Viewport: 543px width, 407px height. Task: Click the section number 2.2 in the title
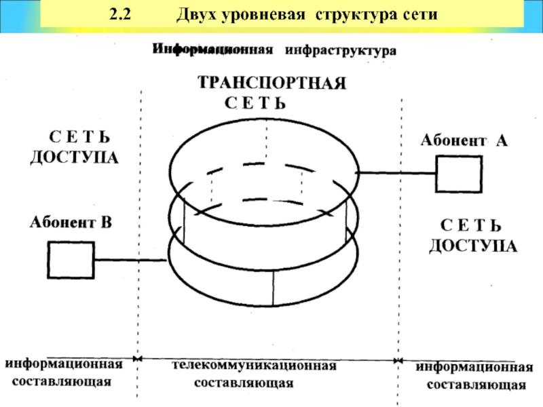point(120,14)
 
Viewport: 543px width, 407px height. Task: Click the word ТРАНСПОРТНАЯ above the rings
point(272,83)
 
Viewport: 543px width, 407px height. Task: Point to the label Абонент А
point(464,140)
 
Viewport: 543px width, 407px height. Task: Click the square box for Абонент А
point(459,174)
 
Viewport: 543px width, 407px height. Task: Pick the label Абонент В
point(71,222)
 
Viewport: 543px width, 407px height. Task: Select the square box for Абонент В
point(71,260)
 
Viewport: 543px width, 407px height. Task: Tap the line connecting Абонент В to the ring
point(130,260)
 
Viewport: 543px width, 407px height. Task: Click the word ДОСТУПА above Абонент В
point(75,158)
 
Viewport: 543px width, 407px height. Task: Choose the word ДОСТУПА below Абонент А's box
point(473,246)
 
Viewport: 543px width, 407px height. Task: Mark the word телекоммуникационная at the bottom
point(255,366)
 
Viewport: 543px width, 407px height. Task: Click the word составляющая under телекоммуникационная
point(244,383)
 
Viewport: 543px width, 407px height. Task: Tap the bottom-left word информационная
point(64,364)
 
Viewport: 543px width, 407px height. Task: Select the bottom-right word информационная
point(474,367)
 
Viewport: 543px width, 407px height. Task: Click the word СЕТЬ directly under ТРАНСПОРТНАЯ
point(255,103)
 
